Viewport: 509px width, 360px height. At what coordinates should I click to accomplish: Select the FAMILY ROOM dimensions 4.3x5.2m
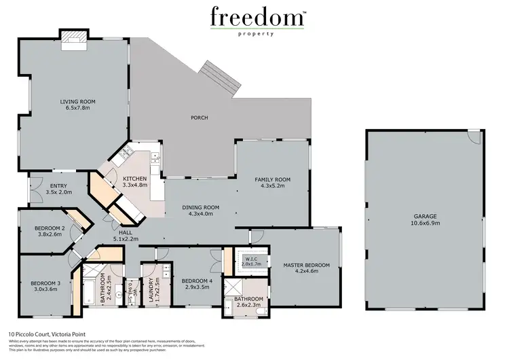click(x=272, y=185)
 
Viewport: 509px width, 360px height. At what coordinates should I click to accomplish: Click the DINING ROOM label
click(x=201, y=206)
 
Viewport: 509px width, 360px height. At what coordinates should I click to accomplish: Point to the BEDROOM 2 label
click(x=50, y=228)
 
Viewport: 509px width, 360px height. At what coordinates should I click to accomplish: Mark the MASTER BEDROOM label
click(x=307, y=265)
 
